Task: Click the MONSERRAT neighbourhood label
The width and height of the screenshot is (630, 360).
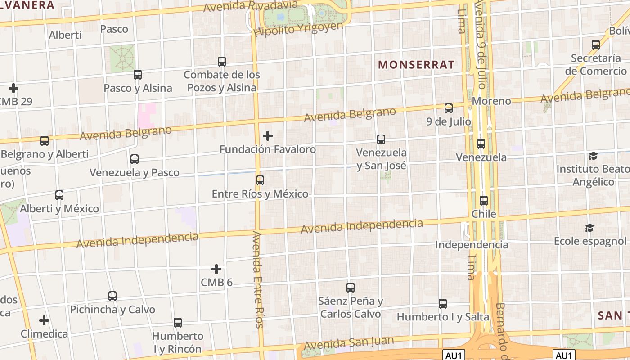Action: [416, 65]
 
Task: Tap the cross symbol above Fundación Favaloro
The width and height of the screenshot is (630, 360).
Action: [268, 135]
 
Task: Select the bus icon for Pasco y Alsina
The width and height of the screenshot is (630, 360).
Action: [138, 75]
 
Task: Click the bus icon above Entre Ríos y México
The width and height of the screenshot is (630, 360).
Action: [260, 180]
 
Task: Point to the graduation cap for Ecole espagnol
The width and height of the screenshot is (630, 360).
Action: [589, 228]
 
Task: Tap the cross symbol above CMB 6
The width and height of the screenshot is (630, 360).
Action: [216, 269]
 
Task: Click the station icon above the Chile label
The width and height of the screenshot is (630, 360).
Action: [484, 201]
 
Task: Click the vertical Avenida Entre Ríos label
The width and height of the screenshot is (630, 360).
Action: [258, 279]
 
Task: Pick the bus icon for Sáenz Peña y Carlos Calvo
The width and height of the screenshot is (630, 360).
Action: [351, 287]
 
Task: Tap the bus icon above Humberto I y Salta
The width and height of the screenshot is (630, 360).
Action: [443, 304]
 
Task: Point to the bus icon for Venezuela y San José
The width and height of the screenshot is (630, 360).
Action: [381, 139]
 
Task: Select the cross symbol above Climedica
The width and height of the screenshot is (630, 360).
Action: [44, 320]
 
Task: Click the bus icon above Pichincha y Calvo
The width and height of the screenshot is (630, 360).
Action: [112, 296]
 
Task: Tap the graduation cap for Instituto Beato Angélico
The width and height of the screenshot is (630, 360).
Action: [593, 156]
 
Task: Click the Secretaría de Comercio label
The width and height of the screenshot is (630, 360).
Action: [596, 64]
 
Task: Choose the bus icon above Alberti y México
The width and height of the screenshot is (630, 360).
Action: [59, 195]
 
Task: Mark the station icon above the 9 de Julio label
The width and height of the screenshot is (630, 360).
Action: [449, 108]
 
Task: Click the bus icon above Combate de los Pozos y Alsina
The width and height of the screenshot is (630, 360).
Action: [222, 62]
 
